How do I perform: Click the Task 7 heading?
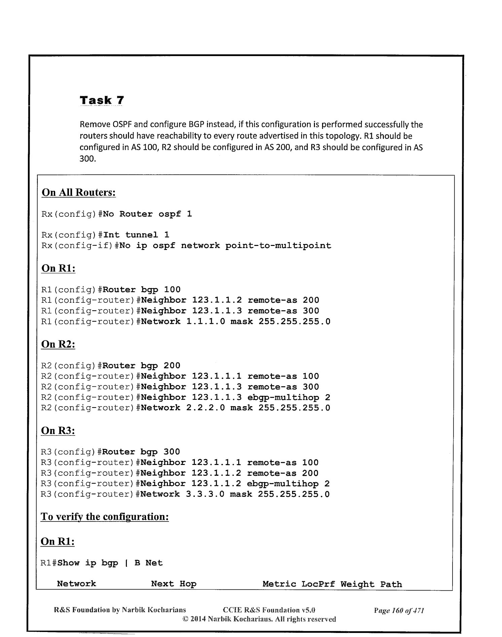[102, 100]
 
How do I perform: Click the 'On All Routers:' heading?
[79, 193]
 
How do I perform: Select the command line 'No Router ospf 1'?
[147, 214]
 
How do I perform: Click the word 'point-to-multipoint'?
[278, 246]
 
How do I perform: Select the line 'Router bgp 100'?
[141, 290]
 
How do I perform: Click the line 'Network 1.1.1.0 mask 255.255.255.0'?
[236, 322]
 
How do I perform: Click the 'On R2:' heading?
[58, 344]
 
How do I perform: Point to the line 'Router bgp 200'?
[141, 366]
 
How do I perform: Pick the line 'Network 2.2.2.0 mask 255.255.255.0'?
[236, 408]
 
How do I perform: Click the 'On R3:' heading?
[58, 430]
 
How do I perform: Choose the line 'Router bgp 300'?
[141, 452]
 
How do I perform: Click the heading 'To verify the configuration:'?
[105, 516]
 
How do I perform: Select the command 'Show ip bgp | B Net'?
[110, 563]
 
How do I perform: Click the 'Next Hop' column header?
[174, 584]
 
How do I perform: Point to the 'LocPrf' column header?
[318, 584]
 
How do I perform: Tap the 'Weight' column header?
[357, 584]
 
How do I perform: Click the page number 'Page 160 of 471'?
[399, 610]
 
